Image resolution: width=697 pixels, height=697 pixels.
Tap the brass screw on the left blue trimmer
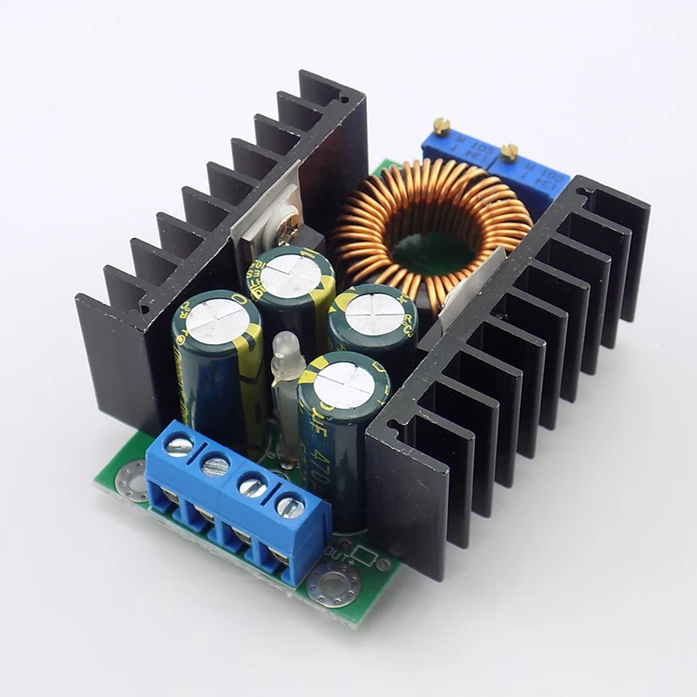[443, 127]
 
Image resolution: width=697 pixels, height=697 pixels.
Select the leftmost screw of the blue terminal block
[179, 445]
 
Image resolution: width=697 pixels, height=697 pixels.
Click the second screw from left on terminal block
[214, 465]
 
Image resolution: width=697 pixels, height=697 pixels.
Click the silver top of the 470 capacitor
[341, 382]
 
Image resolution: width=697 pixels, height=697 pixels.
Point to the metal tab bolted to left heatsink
[266, 218]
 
